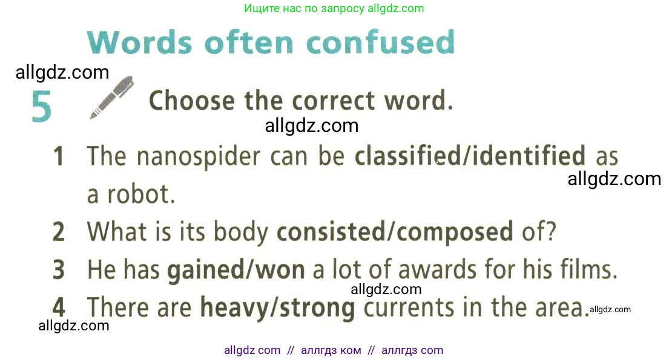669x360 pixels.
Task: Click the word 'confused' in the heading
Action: click(x=381, y=42)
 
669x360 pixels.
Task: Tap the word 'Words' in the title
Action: click(x=139, y=42)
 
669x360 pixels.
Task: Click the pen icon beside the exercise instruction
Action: click(x=112, y=97)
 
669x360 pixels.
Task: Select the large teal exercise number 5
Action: click(x=41, y=106)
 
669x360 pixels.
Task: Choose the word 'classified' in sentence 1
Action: click(x=408, y=155)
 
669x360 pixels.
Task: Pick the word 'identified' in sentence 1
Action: click(x=529, y=155)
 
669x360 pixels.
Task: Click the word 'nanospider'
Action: click(x=199, y=157)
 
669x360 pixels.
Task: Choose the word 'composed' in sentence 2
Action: click(x=455, y=232)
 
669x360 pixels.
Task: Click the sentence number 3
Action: click(x=59, y=270)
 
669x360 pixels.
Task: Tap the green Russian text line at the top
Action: click(x=334, y=8)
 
